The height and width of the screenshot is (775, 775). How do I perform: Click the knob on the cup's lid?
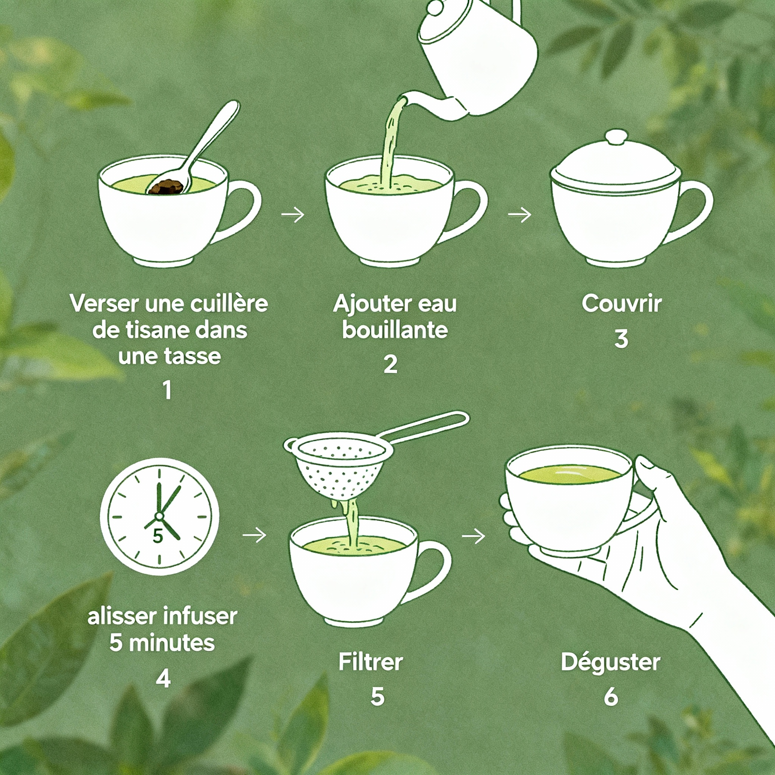coord(616,137)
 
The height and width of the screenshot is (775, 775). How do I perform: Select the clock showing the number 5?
coord(159,517)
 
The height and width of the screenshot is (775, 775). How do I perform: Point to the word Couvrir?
coord(622,303)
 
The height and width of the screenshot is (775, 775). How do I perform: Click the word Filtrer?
coord(370,662)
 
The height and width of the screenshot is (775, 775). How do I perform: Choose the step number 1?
coord(167,390)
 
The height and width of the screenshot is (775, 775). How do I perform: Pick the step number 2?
coord(390,364)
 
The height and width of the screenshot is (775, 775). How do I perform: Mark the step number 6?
coord(611,697)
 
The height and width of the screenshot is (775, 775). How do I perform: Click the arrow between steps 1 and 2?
coord(293,215)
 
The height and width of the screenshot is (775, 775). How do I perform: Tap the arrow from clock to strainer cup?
coord(255,535)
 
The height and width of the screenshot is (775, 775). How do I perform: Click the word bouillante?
coord(395,330)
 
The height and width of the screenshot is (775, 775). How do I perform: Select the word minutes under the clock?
coord(172,643)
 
